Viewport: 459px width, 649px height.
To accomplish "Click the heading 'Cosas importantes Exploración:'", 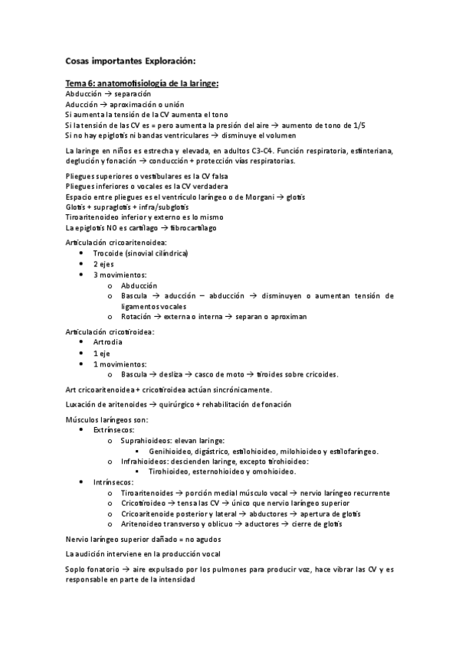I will pos(130,59).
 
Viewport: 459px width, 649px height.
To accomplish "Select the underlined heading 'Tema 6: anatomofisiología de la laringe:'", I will pos(143,83).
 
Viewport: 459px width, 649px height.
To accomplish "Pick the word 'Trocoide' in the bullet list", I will pos(110,253).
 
